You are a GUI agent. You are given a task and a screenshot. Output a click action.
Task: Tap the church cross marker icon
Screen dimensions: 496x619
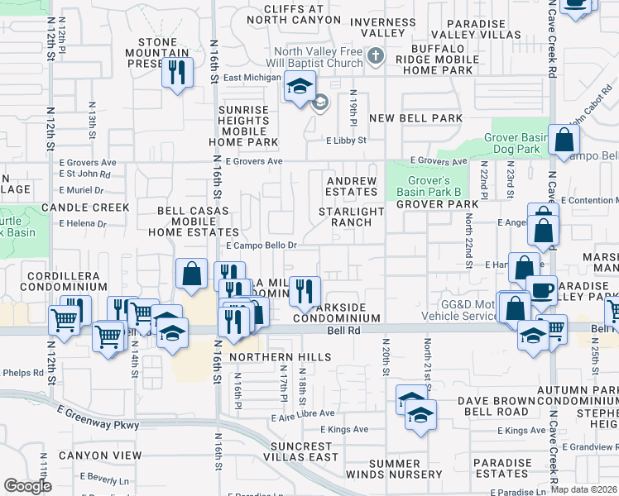coord(377,57)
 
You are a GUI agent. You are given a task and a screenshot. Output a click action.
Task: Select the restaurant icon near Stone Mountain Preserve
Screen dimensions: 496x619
coord(176,73)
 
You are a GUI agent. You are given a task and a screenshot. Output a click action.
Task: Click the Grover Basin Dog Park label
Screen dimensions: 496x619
coord(516,143)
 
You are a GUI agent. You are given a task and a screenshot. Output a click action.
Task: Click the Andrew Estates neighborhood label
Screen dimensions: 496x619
coord(352,186)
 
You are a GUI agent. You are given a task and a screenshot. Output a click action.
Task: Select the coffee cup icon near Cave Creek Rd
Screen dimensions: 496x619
coord(541,290)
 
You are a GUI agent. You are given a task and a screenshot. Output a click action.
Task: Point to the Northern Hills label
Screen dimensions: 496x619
coord(281,357)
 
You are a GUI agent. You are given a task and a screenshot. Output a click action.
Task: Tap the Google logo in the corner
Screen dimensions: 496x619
coord(27,486)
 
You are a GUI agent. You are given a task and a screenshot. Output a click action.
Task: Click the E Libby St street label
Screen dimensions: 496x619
coord(345,141)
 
